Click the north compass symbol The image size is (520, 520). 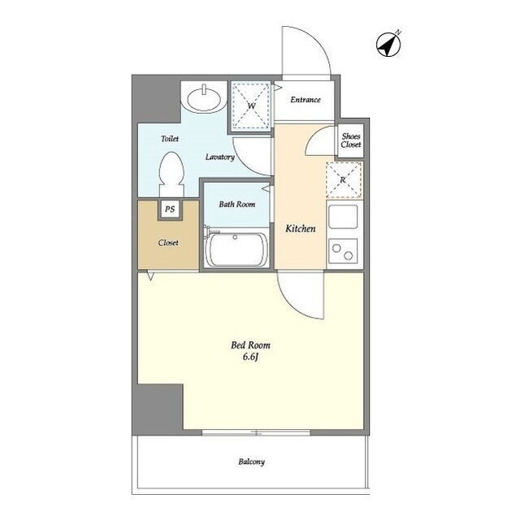[388, 44]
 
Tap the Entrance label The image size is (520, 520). [305, 99]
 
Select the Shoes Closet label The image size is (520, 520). [351, 141]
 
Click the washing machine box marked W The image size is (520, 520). [251, 105]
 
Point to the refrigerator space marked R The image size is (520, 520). [344, 180]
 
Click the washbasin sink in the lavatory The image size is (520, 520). [204, 97]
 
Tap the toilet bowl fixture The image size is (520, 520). [171, 174]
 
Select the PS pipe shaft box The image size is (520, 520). [170, 210]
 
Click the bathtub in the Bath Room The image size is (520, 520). [236, 249]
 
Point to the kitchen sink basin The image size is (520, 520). [343, 217]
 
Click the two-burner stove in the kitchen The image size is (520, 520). [343, 251]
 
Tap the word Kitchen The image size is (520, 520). [301, 228]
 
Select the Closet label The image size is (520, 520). [168, 243]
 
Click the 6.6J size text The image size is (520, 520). [251, 357]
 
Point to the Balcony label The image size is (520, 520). [251, 461]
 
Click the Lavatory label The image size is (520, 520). [220, 157]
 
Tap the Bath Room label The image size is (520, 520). [236, 204]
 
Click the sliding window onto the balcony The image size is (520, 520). [256, 432]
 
